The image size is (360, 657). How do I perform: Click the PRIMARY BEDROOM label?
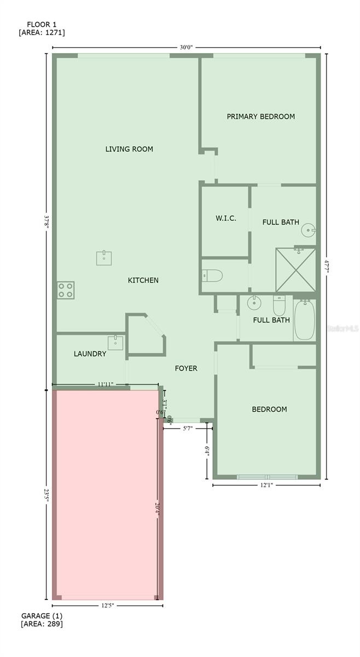point(260,117)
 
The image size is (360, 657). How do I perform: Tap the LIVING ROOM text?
point(129,149)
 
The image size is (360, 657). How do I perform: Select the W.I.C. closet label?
point(225,218)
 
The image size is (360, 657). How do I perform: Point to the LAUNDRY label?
point(90,354)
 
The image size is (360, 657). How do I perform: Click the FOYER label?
point(186,368)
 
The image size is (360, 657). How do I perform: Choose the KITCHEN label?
point(143,280)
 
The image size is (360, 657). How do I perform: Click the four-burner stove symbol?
point(66,290)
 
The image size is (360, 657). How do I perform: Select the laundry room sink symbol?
point(115,343)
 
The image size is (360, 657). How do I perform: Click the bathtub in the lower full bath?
point(305,320)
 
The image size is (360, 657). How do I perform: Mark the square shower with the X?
point(296,270)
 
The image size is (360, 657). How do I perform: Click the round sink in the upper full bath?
point(309,230)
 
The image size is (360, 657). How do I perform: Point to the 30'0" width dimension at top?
point(186,48)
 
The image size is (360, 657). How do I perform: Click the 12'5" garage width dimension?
point(107,606)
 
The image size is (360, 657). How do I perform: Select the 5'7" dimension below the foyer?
point(187,429)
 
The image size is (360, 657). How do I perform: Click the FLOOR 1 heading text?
point(42,25)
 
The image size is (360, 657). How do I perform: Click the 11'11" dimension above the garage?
point(106,384)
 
